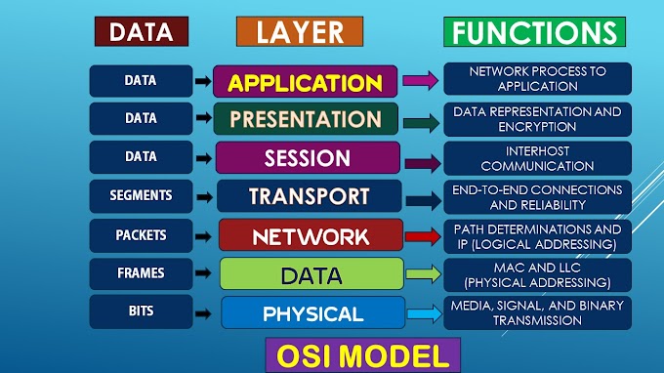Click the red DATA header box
tap(142, 31)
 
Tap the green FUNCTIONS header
tap(533, 31)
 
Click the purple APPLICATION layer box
tap(305, 81)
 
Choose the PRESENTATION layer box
tap(306, 119)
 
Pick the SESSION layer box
tap(307, 157)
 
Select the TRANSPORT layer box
tap(309, 195)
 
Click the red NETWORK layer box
tap(311, 235)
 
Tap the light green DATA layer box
tap(311, 274)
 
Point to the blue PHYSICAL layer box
tap(312, 313)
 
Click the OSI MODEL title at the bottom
tap(363, 353)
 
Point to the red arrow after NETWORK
tap(422, 236)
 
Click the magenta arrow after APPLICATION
tap(420, 82)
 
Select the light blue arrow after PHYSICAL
tap(424, 314)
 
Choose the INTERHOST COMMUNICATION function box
tap(537, 158)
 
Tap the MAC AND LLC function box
tap(537, 274)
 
